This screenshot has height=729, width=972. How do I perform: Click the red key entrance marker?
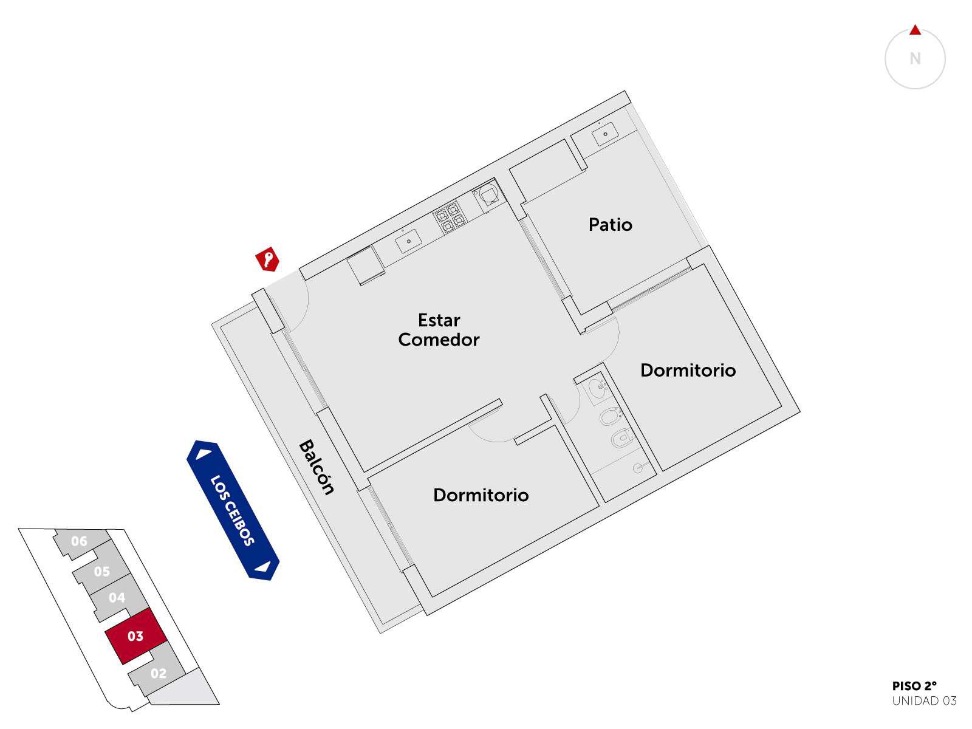[x=267, y=259]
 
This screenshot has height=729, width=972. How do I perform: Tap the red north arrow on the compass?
[x=915, y=30]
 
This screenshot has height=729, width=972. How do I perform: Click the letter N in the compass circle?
[x=915, y=58]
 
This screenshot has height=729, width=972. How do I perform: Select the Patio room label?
[x=610, y=224]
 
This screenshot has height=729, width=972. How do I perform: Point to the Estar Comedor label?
[x=439, y=330]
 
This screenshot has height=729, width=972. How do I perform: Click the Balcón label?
[x=316, y=467]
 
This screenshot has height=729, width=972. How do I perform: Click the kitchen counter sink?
[x=408, y=241]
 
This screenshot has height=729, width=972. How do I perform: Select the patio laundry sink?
[x=605, y=134]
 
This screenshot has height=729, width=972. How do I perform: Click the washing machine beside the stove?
[x=488, y=194]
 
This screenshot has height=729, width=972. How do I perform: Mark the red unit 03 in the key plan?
[x=136, y=635]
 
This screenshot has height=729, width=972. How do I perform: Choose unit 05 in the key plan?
[x=101, y=571]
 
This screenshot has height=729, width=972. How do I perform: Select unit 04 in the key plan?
[x=118, y=598]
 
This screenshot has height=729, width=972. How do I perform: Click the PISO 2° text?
[x=914, y=686]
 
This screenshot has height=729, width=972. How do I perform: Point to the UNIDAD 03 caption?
[x=924, y=701]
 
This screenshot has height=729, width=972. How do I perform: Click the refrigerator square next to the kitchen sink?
[x=365, y=265]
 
